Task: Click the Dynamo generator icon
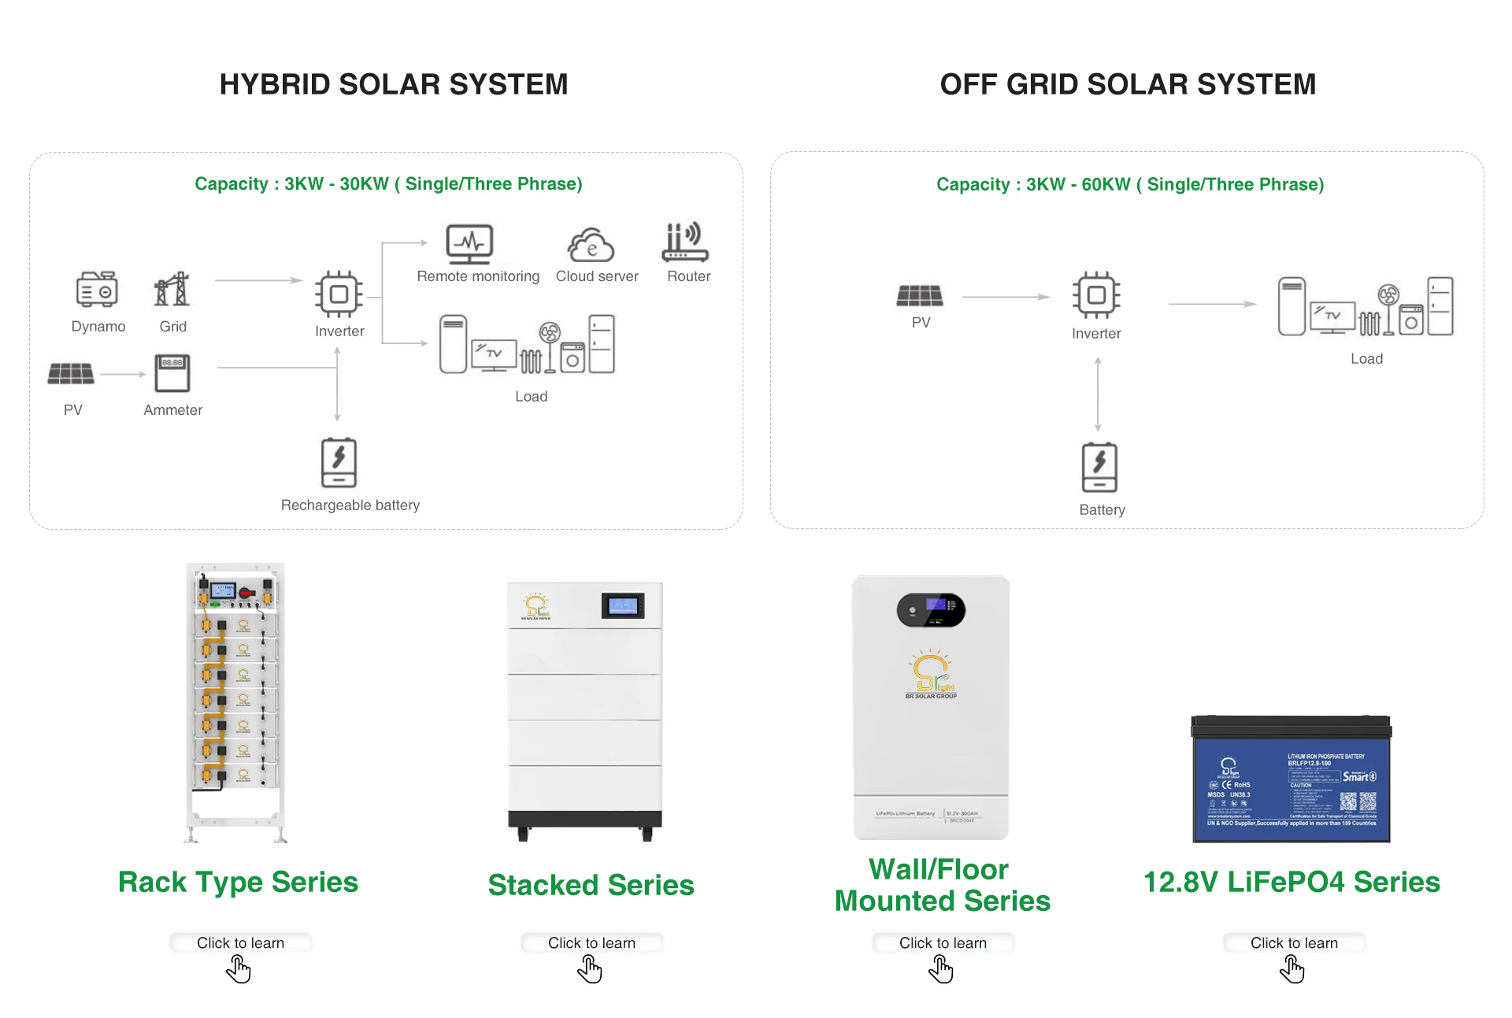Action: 97,289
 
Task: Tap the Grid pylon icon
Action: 172,289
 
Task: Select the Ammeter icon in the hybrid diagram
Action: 172,373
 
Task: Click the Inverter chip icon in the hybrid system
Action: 339,294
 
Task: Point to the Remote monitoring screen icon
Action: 469,244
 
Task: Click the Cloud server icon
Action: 591,245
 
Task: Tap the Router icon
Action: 685,242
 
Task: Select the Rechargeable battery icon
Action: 339,463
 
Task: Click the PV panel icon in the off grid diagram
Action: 919,295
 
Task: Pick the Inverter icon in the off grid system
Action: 1096,295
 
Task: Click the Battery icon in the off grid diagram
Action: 1099,468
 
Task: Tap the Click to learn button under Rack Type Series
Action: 240,942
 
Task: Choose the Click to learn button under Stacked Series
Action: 591,942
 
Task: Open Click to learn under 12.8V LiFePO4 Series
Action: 1294,942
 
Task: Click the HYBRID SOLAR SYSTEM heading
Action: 394,84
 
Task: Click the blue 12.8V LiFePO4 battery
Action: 1291,779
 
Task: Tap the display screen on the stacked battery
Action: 623,605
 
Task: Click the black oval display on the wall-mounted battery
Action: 931,609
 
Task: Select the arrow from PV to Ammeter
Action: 124,374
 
